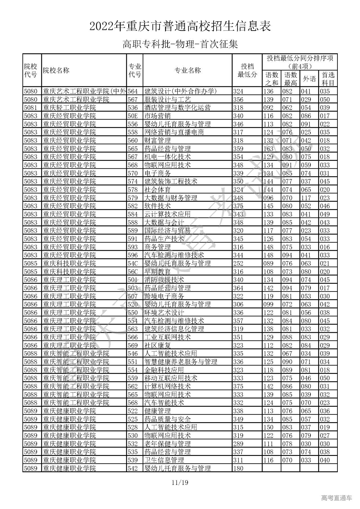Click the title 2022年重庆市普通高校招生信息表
tap(180, 27)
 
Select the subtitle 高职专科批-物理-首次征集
tap(180, 44)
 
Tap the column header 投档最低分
tap(247, 70)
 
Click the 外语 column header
tap(309, 79)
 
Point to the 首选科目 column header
tap(328, 79)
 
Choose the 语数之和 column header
tap(272, 79)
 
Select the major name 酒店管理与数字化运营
tap(177, 108)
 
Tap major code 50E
tap(133, 116)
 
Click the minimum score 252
tap(238, 263)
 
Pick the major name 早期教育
tap(157, 272)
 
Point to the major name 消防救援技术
tap(164, 280)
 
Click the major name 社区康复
tap(157, 345)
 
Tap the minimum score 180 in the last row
tap(238, 469)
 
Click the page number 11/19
tap(180, 483)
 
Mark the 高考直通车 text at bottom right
tap(336, 498)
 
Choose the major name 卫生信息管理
tap(164, 460)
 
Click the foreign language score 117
tap(306, 198)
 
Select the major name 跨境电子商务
tap(164, 296)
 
